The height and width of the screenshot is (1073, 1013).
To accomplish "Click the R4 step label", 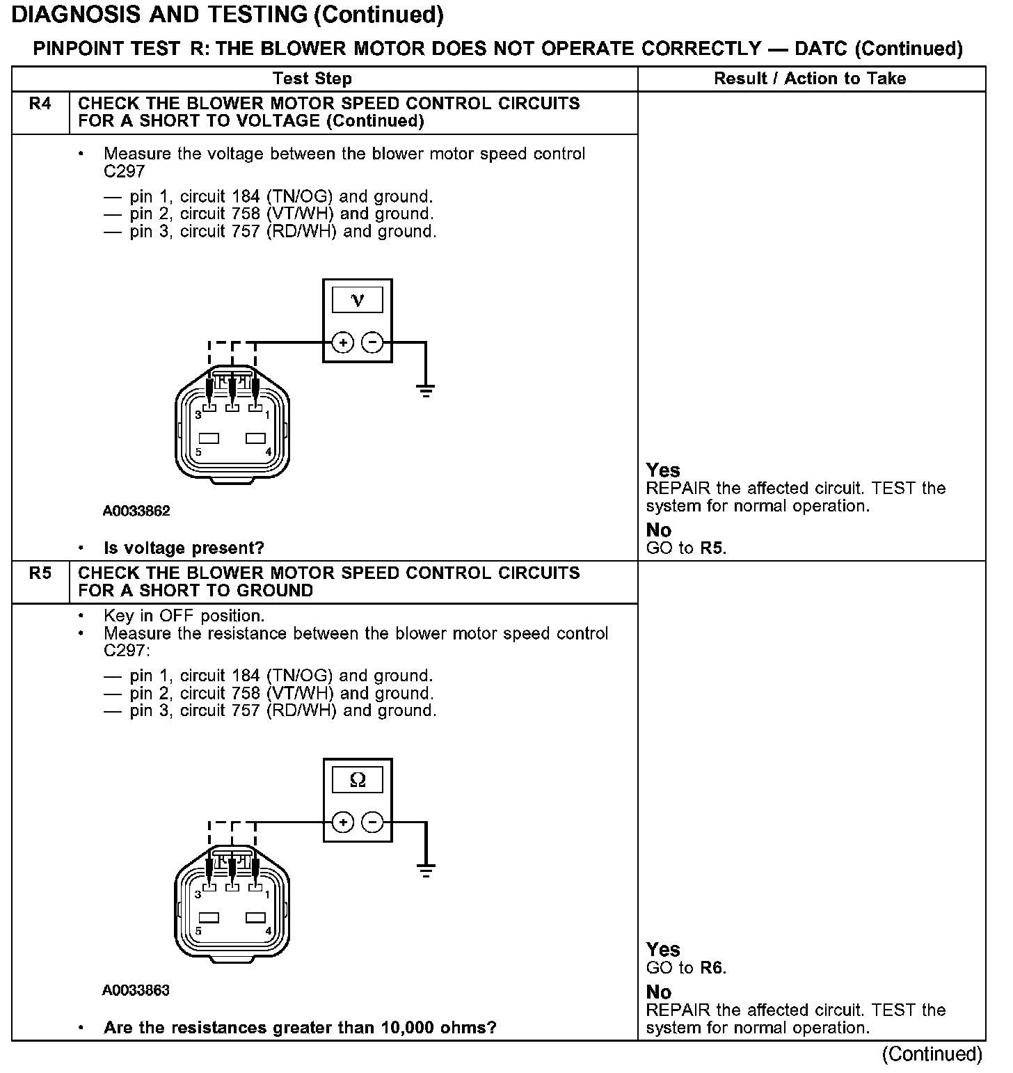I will point(40,104).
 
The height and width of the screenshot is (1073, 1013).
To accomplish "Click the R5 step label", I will point(40,574).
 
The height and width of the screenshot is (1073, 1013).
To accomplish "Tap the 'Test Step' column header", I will point(312,79).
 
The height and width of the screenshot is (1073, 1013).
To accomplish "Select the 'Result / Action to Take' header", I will point(810,79).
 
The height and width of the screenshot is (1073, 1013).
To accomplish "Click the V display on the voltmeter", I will point(358,301).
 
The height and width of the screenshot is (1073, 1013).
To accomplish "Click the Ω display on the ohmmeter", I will point(358,780).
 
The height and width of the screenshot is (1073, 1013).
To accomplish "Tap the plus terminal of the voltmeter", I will point(342,342).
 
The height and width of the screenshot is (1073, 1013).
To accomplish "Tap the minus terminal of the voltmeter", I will point(373,342).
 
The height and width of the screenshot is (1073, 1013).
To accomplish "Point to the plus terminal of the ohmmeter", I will point(342,822).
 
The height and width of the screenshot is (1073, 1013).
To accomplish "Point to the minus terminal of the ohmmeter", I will point(373,822).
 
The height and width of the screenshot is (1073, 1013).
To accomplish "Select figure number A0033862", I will point(136,511).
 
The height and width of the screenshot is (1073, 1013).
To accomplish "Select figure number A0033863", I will point(136,990).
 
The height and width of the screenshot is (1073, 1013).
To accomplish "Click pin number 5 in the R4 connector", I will point(198,452).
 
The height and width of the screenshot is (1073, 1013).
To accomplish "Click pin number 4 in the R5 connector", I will point(268,931).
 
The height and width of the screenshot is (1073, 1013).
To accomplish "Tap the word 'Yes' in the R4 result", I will point(663,470).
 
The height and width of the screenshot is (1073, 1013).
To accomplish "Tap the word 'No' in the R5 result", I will point(658,992).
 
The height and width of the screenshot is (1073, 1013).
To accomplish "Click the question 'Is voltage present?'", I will point(184,548).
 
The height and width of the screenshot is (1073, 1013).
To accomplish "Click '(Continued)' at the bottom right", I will point(932,1054).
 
